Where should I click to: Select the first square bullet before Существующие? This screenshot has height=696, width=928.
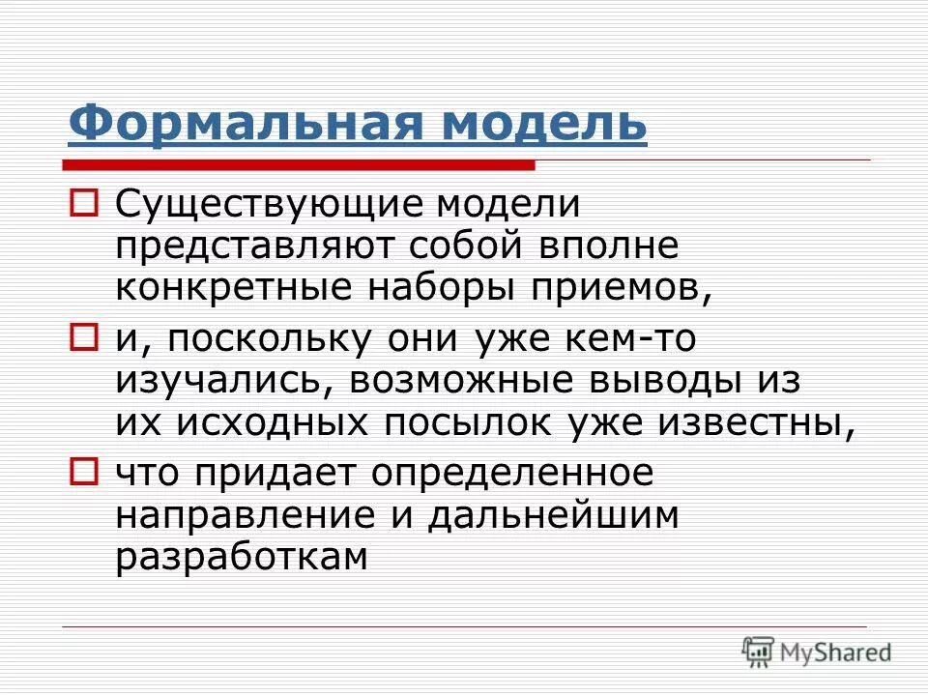(x=84, y=206)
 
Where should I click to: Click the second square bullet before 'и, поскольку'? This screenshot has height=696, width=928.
(x=84, y=337)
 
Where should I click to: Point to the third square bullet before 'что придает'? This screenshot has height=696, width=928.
(x=84, y=471)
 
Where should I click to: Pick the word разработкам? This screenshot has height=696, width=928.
(x=242, y=557)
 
